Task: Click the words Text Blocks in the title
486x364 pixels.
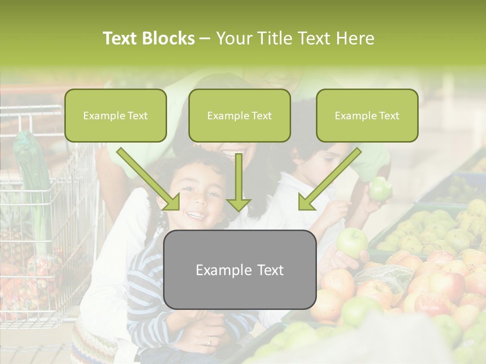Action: point(148,38)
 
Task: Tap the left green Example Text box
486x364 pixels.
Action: point(115,116)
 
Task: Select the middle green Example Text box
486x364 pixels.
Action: point(239,116)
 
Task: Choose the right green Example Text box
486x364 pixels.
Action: point(367,116)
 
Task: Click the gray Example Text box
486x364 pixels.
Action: point(240,270)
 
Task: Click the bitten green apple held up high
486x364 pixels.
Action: point(380,189)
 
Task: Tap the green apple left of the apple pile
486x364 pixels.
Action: point(352,242)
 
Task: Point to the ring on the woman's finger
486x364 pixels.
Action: point(209,342)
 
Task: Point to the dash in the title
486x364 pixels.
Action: point(205,39)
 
